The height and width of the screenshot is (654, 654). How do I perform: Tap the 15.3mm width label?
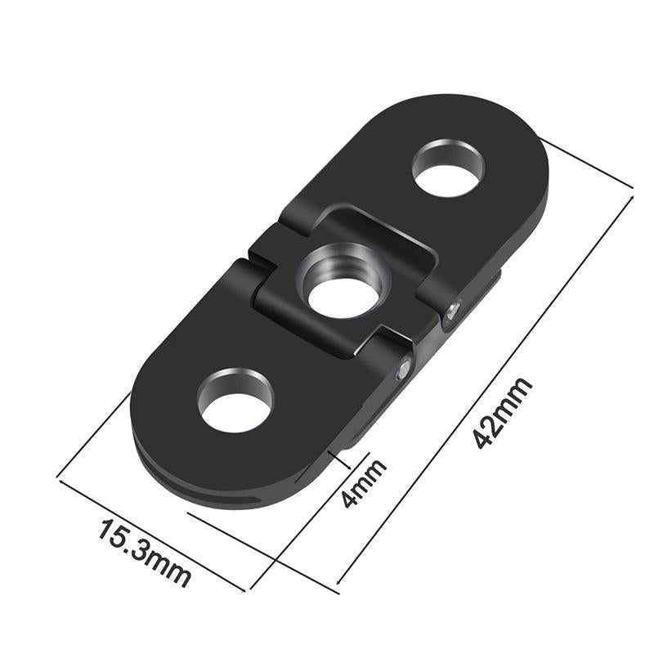coord(146,552)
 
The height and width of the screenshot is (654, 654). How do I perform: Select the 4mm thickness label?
coord(363,484)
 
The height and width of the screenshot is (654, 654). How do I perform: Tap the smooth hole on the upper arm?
coord(448,168)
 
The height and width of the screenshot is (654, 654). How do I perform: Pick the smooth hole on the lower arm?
coord(236,400)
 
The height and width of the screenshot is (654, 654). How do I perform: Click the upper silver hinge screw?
coord(455,310)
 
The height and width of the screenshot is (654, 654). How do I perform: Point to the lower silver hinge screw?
coord(402,370)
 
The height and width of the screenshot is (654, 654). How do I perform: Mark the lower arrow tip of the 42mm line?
coord(338,583)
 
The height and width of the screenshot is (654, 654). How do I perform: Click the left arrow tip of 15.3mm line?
coord(59,477)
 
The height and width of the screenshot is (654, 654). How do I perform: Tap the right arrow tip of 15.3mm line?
coord(244,589)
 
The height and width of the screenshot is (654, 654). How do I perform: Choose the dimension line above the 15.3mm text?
coord(151,532)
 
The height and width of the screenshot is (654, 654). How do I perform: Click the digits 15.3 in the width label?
coord(131,543)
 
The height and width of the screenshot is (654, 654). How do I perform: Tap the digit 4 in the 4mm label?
coord(352,499)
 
